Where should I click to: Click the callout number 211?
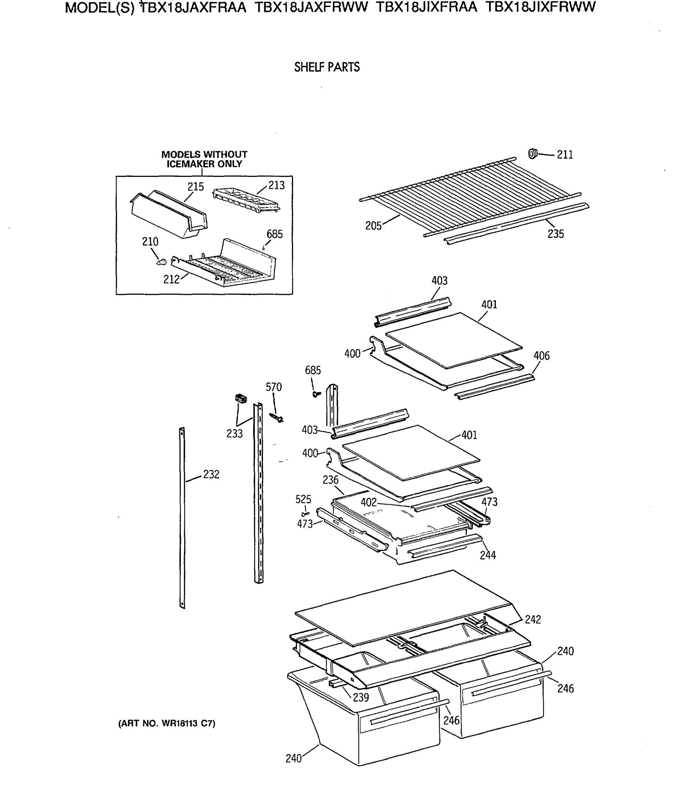click(565, 155)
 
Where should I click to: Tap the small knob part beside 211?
click(532, 154)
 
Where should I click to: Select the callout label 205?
click(373, 226)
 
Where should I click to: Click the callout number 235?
click(556, 234)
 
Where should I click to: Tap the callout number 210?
click(150, 242)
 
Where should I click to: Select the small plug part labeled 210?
click(161, 262)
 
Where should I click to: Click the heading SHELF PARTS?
click(327, 67)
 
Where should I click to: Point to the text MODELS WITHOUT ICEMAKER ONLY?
click(204, 159)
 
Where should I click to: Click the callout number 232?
click(211, 475)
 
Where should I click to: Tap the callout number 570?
click(273, 387)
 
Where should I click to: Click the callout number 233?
click(234, 434)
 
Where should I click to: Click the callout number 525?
click(303, 499)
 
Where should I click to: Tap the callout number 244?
click(488, 555)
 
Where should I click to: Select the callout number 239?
click(361, 697)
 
